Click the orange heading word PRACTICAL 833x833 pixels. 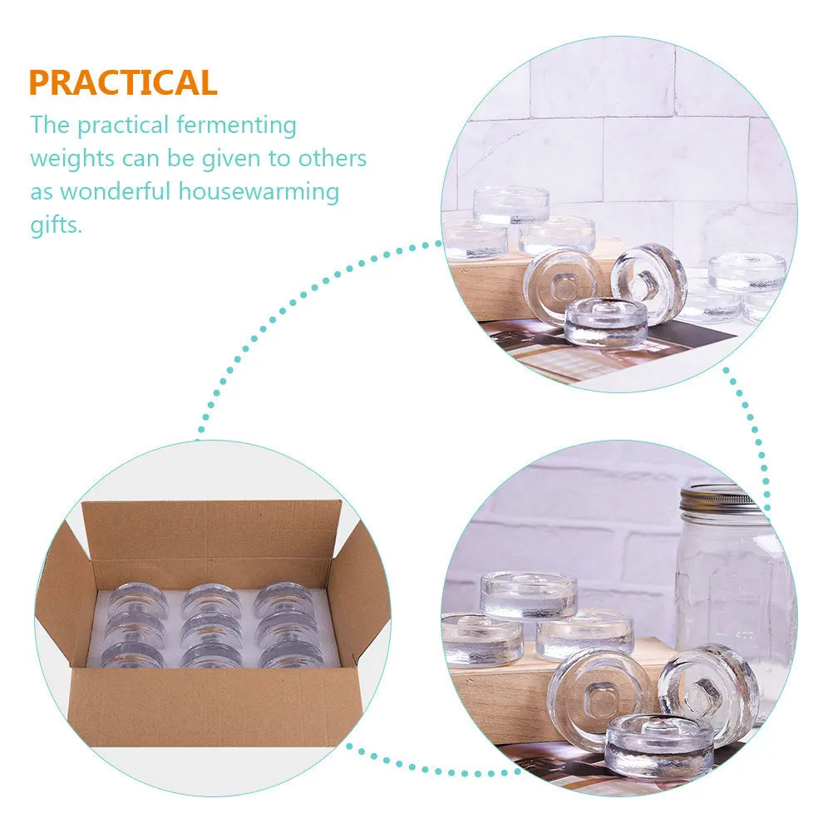coord(123,82)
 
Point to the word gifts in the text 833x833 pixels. coord(57,224)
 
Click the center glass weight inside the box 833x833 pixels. coord(212,625)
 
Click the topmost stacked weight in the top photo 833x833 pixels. coord(510,204)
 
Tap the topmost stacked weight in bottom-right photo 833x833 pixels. coord(529,594)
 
